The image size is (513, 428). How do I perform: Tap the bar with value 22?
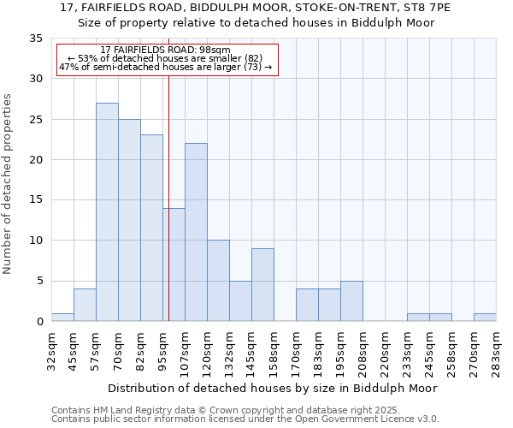196,232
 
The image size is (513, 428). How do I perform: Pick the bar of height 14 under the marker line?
174,265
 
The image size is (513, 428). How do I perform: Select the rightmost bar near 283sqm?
485,318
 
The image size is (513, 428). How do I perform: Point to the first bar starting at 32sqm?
62,318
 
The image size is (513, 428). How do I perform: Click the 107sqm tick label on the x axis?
186,352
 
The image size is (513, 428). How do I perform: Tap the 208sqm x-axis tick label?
363,352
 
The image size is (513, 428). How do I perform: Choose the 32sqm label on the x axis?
52,352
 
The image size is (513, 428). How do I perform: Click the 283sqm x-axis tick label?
497,352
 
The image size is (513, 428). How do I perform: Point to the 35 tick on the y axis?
36,39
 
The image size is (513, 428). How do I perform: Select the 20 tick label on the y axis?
36,160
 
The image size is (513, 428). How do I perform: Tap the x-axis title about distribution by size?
274,388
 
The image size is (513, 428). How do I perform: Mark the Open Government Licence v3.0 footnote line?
245,419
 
